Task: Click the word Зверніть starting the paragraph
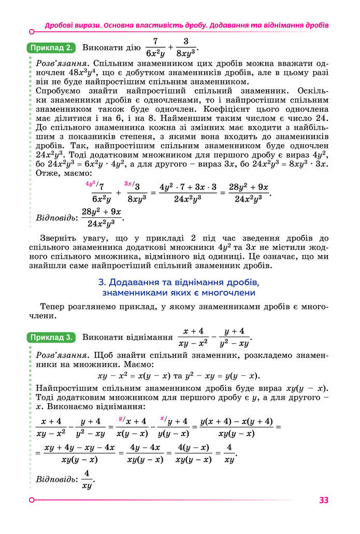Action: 61,238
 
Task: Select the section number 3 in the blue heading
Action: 100,283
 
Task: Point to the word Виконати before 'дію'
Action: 101,49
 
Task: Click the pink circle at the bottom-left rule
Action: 32,500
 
